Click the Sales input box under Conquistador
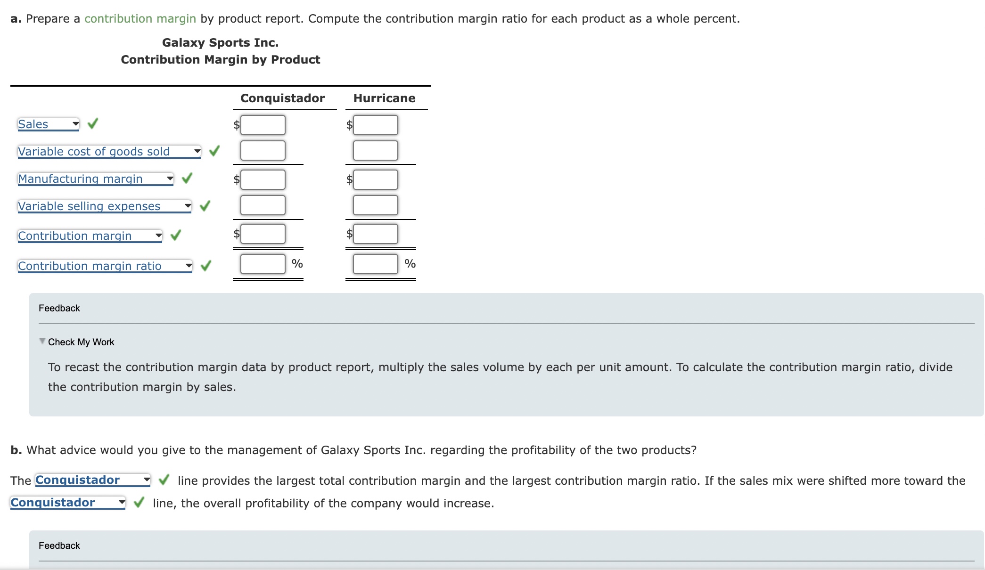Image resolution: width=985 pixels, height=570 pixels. tap(263, 125)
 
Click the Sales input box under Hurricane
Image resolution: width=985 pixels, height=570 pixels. tap(375, 125)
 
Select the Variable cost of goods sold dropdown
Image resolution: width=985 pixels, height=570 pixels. tap(109, 151)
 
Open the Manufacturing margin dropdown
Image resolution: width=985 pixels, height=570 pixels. tap(96, 179)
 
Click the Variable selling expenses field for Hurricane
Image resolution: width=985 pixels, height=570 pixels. tap(375, 205)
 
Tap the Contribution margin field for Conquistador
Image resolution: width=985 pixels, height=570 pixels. tap(263, 234)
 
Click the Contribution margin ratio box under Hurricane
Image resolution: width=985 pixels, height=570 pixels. tap(375, 264)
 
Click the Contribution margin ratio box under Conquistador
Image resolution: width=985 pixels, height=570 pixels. tap(263, 264)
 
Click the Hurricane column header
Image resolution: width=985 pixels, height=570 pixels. tap(384, 98)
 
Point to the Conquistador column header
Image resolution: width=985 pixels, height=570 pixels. tap(282, 98)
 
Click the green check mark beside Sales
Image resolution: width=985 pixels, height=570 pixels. tap(93, 123)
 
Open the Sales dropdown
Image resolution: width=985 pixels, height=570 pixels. tap(49, 124)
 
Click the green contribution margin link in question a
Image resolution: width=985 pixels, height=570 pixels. tap(140, 18)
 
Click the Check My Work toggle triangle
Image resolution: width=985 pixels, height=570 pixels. tap(42, 341)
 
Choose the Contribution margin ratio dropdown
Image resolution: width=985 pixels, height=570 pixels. tap(105, 266)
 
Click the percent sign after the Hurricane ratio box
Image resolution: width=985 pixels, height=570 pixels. tap(410, 263)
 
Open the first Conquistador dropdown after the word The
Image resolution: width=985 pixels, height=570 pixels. tap(93, 480)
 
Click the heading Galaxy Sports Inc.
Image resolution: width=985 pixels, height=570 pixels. tap(220, 42)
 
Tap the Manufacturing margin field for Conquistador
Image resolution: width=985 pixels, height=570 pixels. tap(263, 179)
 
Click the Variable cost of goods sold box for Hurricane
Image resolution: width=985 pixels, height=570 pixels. tap(375, 150)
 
